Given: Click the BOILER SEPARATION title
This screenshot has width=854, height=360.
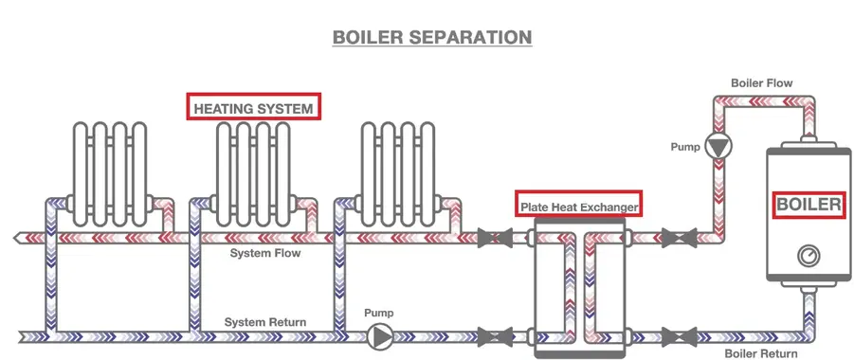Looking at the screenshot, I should (431, 38).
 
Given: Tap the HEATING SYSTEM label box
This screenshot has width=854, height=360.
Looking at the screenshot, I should (253, 108).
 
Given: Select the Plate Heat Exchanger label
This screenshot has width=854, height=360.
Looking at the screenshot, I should (578, 205).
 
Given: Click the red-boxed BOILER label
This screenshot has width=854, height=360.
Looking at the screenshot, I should (809, 205).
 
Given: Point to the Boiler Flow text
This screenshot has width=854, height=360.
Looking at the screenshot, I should (761, 83).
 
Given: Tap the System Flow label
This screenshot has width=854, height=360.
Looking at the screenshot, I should (266, 254).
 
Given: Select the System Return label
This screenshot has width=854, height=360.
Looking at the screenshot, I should (265, 322).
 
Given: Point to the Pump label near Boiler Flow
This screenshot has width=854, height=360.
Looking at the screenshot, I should (685, 148).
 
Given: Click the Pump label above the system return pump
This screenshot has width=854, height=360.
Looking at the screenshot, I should (379, 313).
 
